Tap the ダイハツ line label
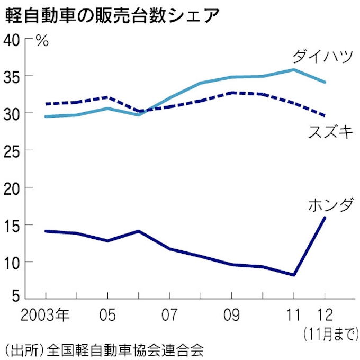(x=322, y=56)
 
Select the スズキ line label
(x=331, y=132)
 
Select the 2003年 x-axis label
(x=46, y=317)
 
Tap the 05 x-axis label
(x=107, y=317)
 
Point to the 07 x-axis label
(x=169, y=317)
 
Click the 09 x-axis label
(x=231, y=317)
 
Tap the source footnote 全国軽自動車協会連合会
(x=124, y=350)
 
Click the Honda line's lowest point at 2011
(x=293, y=275)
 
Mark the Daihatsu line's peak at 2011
(x=293, y=69)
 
